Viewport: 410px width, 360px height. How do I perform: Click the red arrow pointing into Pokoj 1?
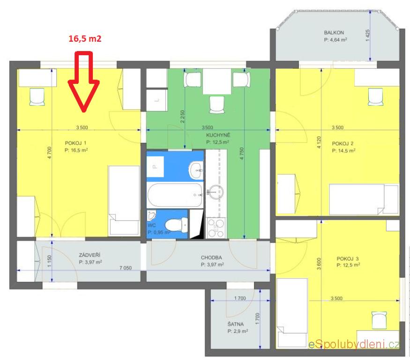84,81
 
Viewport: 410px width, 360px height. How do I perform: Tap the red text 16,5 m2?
85,39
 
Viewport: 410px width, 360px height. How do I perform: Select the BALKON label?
334,33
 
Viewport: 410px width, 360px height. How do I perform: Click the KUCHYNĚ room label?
218,135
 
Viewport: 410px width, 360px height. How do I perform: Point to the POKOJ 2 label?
343,143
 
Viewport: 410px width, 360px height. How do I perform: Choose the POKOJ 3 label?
348,258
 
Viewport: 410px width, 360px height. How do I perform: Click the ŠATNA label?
236,324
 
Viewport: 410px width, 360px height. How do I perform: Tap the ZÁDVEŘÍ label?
89,255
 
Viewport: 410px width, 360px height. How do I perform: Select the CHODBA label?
211,257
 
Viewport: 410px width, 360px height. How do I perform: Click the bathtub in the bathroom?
175,195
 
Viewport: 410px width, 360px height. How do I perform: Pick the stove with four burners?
216,228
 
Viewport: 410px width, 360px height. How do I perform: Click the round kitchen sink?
216,192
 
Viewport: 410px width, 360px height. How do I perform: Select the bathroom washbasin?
196,170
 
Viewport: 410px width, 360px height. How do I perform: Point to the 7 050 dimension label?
126,268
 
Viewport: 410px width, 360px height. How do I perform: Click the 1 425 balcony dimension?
368,35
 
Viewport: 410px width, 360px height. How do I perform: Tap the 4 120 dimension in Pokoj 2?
319,142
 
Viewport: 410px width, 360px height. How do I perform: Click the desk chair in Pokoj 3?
379,320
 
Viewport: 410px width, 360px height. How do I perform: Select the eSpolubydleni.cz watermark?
354,345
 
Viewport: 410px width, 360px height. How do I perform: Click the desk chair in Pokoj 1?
37,96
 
